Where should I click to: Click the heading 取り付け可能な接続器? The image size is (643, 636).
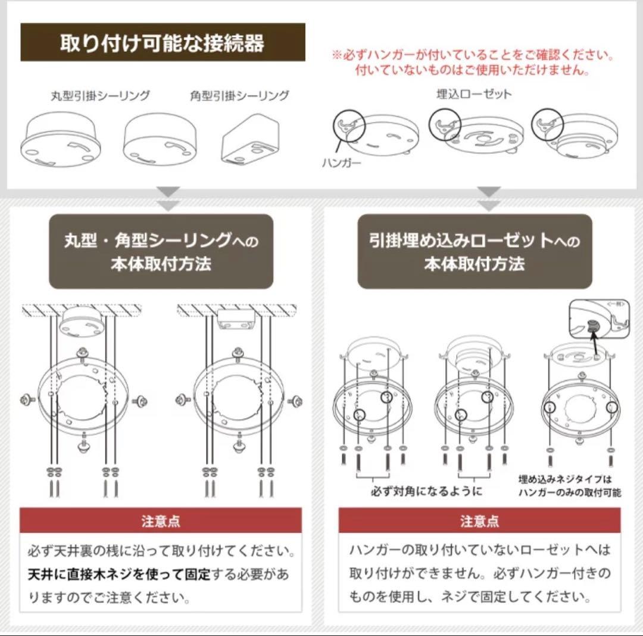tap(163, 43)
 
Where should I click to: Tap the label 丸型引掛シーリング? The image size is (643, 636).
tap(100, 95)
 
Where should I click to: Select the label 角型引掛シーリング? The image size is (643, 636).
tap(239, 95)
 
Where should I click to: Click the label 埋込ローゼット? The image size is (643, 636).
tap(475, 93)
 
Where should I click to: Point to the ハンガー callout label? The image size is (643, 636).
tap(342, 163)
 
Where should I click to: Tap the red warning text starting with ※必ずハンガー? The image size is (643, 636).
tap(473, 63)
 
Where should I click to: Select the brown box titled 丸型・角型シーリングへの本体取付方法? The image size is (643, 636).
tap(161, 252)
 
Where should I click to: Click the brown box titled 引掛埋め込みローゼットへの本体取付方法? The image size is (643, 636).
tap(475, 252)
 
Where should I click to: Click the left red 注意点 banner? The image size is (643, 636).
tap(161, 521)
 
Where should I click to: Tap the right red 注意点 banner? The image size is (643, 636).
tap(479, 521)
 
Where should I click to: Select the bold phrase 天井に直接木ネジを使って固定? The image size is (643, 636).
tap(119, 575)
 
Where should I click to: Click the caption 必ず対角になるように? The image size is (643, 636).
tap(426, 492)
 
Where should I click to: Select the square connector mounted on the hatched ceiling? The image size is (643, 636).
tap(236, 319)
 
